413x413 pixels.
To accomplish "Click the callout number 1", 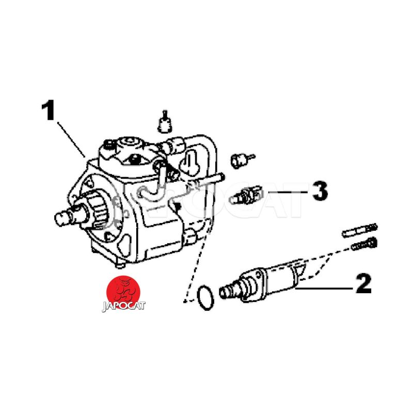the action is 48,110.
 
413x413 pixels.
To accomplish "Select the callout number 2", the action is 363,283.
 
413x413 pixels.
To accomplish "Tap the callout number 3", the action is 320,190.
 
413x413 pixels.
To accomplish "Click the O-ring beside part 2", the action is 205,297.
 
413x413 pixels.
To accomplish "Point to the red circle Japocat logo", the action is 123,292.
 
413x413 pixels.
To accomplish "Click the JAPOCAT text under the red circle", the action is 123,306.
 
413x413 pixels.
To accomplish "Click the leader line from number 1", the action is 71,139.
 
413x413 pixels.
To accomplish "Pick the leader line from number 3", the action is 288,192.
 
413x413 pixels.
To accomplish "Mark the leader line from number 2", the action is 324,289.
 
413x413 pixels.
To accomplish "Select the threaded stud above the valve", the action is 360,230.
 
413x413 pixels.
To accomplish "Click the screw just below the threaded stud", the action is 364,243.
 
